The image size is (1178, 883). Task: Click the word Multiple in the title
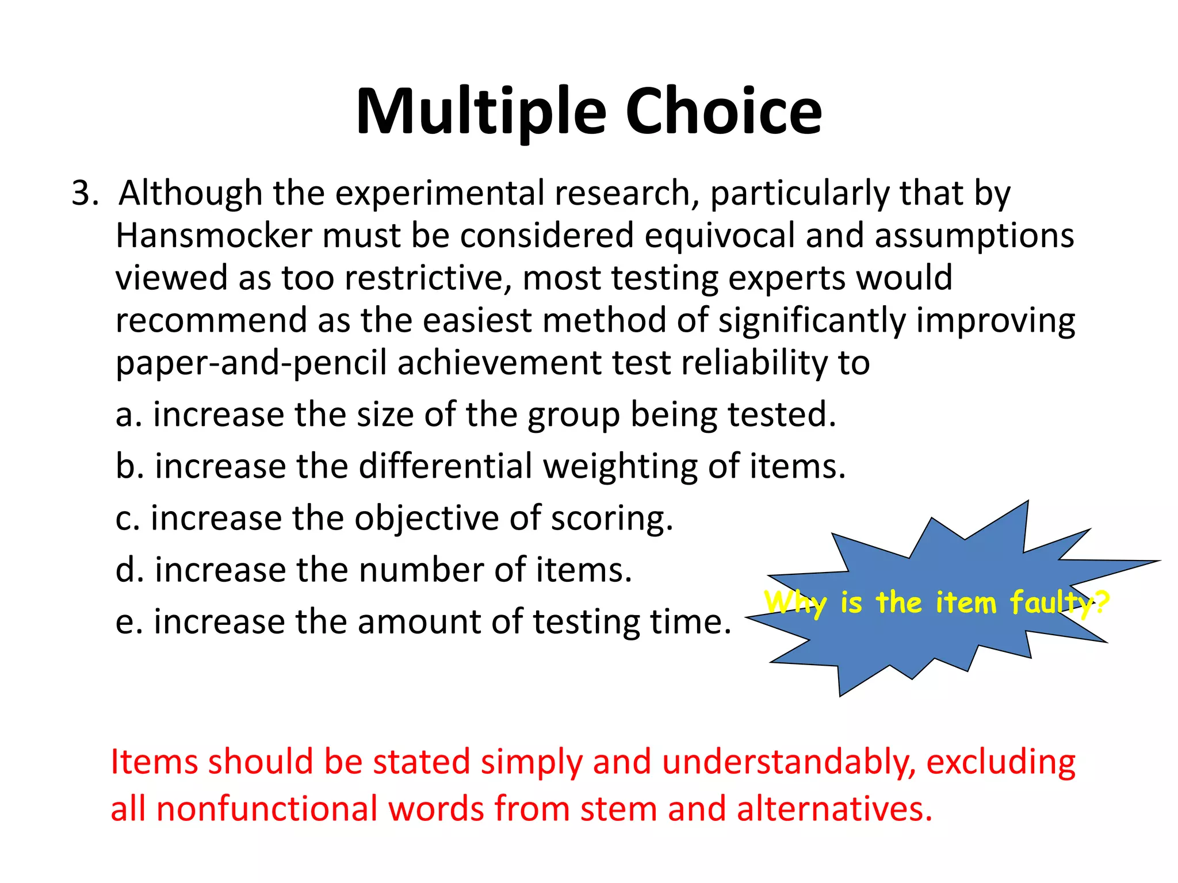tap(481, 112)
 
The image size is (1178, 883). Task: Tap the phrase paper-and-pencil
tap(251, 363)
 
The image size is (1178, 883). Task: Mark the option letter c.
tap(124, 519)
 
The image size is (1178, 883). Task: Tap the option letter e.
tap(125, 623)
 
